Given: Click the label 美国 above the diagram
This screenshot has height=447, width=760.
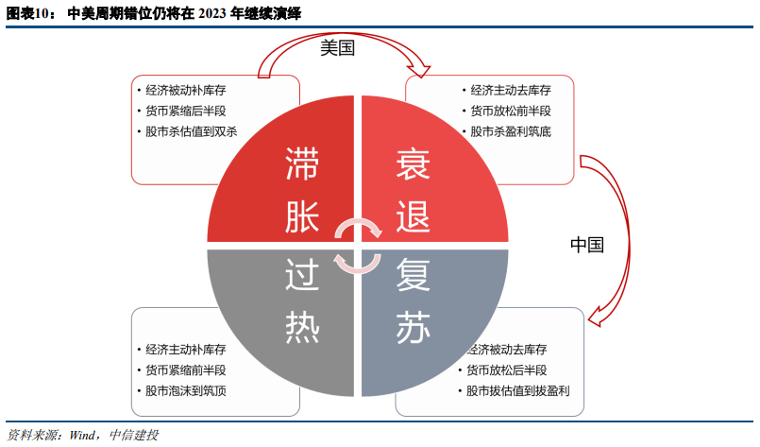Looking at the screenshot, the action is pyautogui.click(x=337, y=49).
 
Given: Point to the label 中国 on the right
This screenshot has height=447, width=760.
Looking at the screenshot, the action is pyautogui.click(x=586, y=245).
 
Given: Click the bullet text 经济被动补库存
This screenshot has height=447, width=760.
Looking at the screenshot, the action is pyautogui.click(x=186, y=91).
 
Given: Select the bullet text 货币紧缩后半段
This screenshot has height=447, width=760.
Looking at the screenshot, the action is pyautogui.click(x=186, y=111).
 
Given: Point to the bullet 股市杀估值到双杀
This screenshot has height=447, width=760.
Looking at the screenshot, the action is pyautogui.click(x=192, y=131).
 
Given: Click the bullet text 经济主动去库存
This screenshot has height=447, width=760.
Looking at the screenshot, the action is pyautogui.click(x=511, y=91).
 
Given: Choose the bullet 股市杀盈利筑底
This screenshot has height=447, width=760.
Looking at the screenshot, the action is pyautogui.click(x=511, y=131).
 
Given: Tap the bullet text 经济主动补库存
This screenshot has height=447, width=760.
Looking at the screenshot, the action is pyautogui.click(x=186, y=349).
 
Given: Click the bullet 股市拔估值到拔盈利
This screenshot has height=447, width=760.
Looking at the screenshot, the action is pyautogui.click(x=518, y=390).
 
